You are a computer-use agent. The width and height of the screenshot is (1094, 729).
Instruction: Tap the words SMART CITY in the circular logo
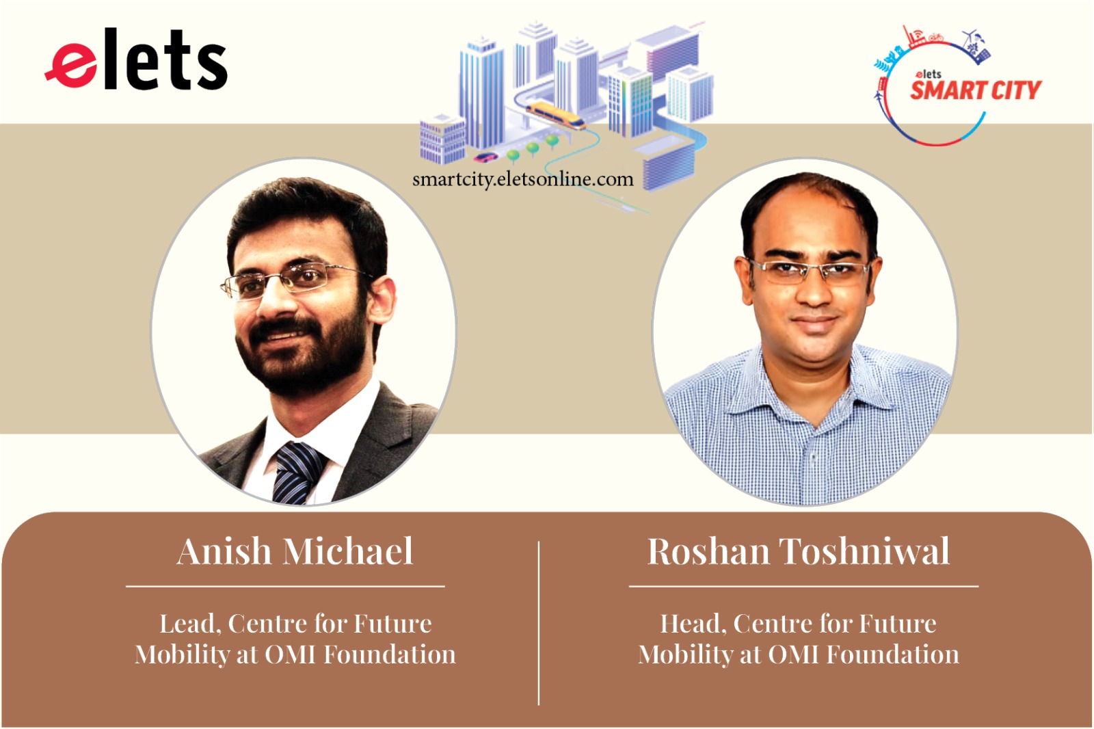[x=975, y=90]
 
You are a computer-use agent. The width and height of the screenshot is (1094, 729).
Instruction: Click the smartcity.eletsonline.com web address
[x=522, y=179]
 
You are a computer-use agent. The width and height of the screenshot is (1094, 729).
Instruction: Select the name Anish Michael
[x=295, y=551]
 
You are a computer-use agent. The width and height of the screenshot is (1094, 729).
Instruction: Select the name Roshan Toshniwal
[x=798, y=551]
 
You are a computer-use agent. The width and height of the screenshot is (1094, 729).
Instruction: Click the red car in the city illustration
[x=486, y=157]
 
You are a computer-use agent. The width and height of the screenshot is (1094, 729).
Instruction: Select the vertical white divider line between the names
[x=539, y=622]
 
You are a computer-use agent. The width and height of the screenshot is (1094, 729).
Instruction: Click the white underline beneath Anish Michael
[x=285, y=586]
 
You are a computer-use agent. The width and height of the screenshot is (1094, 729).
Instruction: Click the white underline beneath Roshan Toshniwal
[x=803, y=586]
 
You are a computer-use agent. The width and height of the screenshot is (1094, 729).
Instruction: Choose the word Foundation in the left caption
[x=389, y=655]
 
